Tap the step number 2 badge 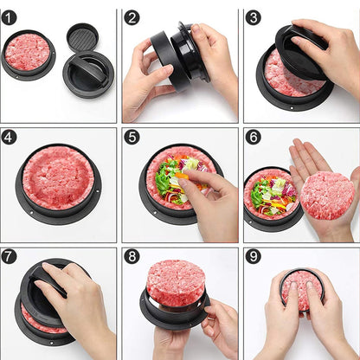pos(132,17)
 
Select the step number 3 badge pos(253,17)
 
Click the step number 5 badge pos(132,137)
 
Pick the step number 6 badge pos(253,137)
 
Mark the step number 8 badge pos(132,257)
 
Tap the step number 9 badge pos(253,257)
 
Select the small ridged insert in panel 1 pos(82,36)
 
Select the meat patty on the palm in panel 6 pos(326,195)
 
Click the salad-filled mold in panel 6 pos(272,196)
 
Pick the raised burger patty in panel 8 pos(175,282)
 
